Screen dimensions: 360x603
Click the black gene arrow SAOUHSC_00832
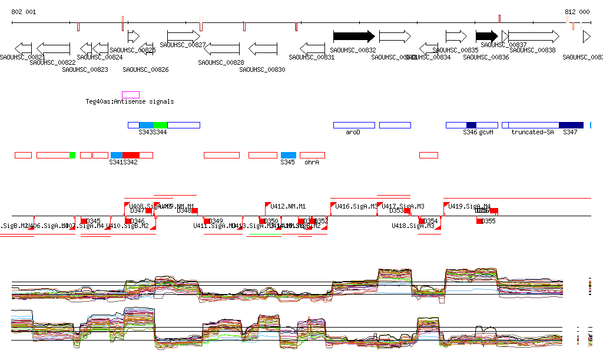tap(354, 36)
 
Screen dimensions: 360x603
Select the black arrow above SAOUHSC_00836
tap(486, 36)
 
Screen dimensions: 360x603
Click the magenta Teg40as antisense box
tap(131, 95)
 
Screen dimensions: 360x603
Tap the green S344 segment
tap(160, 125)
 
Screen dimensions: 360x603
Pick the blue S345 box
tap(288, 155)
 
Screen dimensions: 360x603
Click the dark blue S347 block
tap(571, 125)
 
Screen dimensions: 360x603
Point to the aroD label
tap(353, 133)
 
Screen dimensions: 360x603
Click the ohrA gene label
tap(312, 162)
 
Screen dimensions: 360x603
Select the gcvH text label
tap(486, 133)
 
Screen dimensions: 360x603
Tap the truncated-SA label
tap(532, 133)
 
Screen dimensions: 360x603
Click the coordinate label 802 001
tap(24, 12)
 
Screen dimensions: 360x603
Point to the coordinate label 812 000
tap(577, 12)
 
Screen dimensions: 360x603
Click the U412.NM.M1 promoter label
tap(288, 207)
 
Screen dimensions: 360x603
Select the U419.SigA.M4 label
tap(469, 207)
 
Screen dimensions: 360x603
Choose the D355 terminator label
tap(489, 222)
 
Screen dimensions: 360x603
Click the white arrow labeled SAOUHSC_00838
tap(534, 36)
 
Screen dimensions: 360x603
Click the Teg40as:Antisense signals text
tap(130, 102)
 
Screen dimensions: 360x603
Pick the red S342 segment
tap(131, 155)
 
